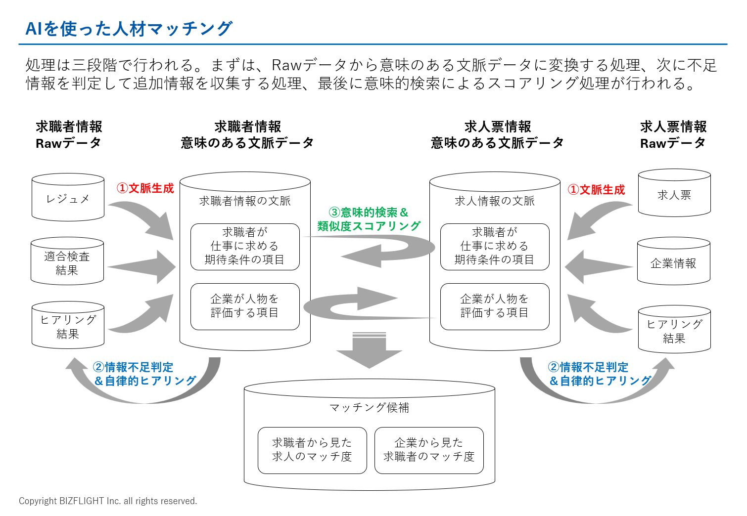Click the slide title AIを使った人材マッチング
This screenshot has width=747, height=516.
pos(129,29)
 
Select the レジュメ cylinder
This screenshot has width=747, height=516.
pos(68,199)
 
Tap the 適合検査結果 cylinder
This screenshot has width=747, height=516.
pos(67,263)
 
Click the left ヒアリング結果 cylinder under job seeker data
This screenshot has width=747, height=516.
pos(68,327)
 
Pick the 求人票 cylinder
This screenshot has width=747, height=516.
pos(674,195)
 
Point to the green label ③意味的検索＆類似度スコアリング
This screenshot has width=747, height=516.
pos(369,219)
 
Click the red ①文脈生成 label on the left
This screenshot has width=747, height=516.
pos(145,188)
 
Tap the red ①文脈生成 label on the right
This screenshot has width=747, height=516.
pos(597,190)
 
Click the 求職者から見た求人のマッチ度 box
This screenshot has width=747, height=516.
pos(312,450)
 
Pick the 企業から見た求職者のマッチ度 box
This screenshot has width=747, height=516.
pos(429,450)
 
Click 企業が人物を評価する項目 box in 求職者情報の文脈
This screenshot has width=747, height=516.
pos(245,306)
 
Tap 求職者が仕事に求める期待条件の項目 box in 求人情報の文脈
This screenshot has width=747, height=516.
pos(495,246)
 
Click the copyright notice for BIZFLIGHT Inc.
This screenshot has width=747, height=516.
pos(108,501)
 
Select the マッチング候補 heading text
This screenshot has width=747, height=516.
pos(369,407)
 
